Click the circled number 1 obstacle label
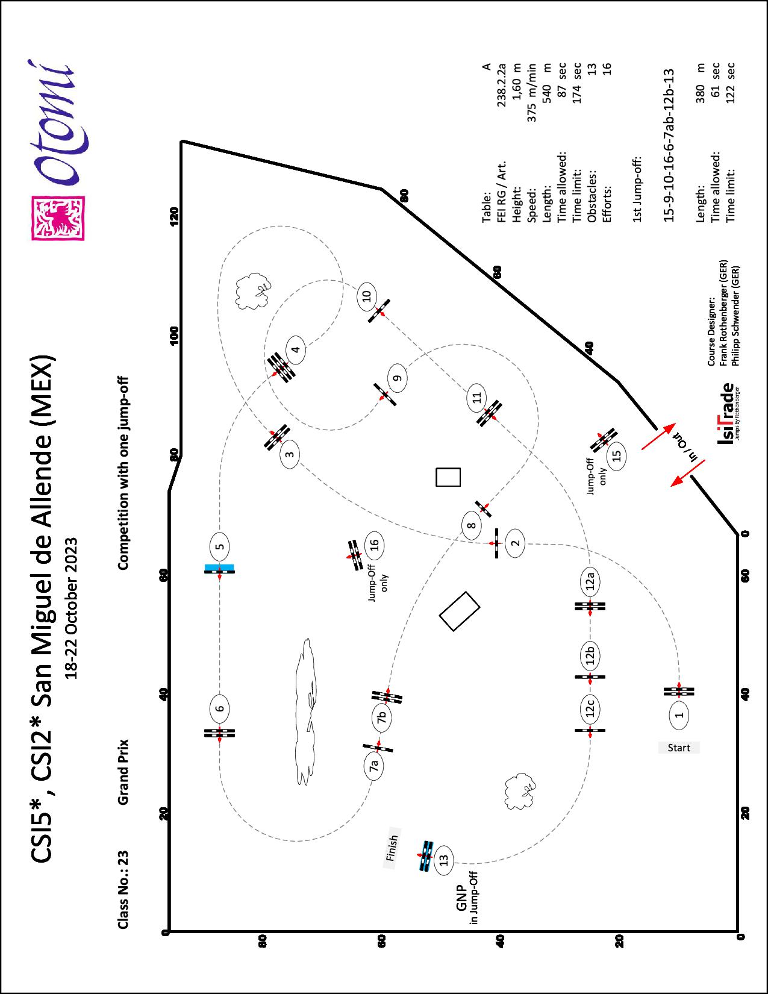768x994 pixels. (x=679, y=715)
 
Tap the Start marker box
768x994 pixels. (x=679, y=748)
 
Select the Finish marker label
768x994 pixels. (x=392, y=847)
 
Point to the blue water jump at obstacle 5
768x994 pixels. (x=219, y=567)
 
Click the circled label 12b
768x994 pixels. (x=590, y=656)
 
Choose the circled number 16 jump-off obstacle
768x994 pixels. (x=374, y=545)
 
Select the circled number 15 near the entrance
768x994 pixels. (x=616, y=455)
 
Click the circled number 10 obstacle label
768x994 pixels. (x=366, y=296)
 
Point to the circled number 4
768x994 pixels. (x=295, y=349)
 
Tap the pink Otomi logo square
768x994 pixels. (x=58, y=217)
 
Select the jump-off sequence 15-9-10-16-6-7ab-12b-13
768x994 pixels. (x=667, y=145)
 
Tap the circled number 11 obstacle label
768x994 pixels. (x=477, y=398)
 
